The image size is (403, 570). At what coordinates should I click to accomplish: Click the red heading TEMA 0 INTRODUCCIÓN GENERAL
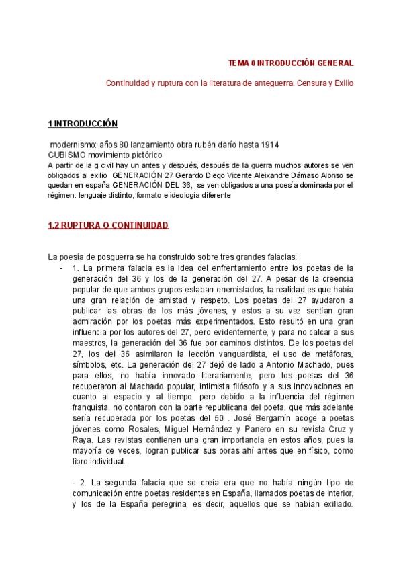point(291,63)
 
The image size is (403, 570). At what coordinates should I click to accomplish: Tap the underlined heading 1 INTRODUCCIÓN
point(83,124)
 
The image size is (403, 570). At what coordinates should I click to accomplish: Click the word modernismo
point(73,145)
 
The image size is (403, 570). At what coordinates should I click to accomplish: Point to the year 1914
point(270,145)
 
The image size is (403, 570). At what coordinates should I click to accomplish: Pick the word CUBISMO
point(67,154)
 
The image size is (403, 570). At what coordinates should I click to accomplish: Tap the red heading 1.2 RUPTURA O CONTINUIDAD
point(108,226)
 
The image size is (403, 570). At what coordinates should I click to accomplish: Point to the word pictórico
point(137,154)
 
